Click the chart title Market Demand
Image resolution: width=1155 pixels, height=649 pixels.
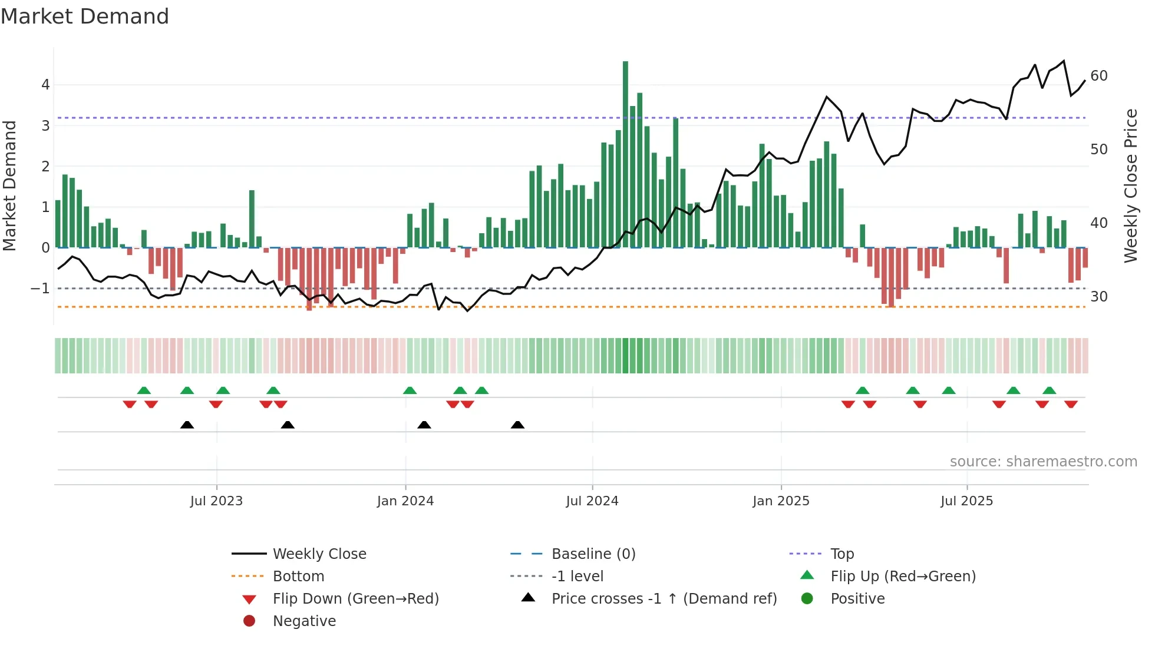click(x=85, y=16)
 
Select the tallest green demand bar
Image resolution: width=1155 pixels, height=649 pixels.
click(x=625, y=154)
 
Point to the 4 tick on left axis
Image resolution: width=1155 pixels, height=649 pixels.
click(x=45, y=85)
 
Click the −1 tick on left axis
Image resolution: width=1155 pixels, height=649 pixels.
click(x=40, y=289)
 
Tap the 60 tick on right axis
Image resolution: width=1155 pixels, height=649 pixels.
click(x=1098, y=76)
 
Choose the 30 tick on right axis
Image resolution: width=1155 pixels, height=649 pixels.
click(x=1098, y=297)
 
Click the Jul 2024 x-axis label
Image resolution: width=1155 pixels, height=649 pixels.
click(x=592, y=501)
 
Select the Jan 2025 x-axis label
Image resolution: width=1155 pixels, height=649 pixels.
click(x=781, y=501)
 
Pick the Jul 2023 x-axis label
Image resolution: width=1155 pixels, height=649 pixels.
click(x=216, y=501)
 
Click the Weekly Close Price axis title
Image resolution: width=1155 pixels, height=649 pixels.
click(x=1130, y=186)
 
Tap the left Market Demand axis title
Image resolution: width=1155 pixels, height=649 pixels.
click(x=10, y=186)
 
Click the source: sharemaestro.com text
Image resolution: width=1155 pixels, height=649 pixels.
click(x=1043, y=462)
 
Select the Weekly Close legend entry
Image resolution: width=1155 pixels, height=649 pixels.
click(x=319, y=554)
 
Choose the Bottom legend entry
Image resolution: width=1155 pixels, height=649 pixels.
click(x=298, y=577)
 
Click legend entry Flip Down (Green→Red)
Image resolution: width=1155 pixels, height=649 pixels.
click(x=355, y=599)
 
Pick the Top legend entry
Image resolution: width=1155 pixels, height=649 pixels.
click(x=841, y=554)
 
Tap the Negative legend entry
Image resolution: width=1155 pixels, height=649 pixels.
click(x=304, y=621)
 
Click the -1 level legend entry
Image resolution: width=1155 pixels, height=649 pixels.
click(x=577, y=577)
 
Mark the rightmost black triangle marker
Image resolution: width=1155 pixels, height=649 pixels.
click(x=517, y=425)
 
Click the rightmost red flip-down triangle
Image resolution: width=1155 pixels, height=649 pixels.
click(x=1071, y=404)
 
